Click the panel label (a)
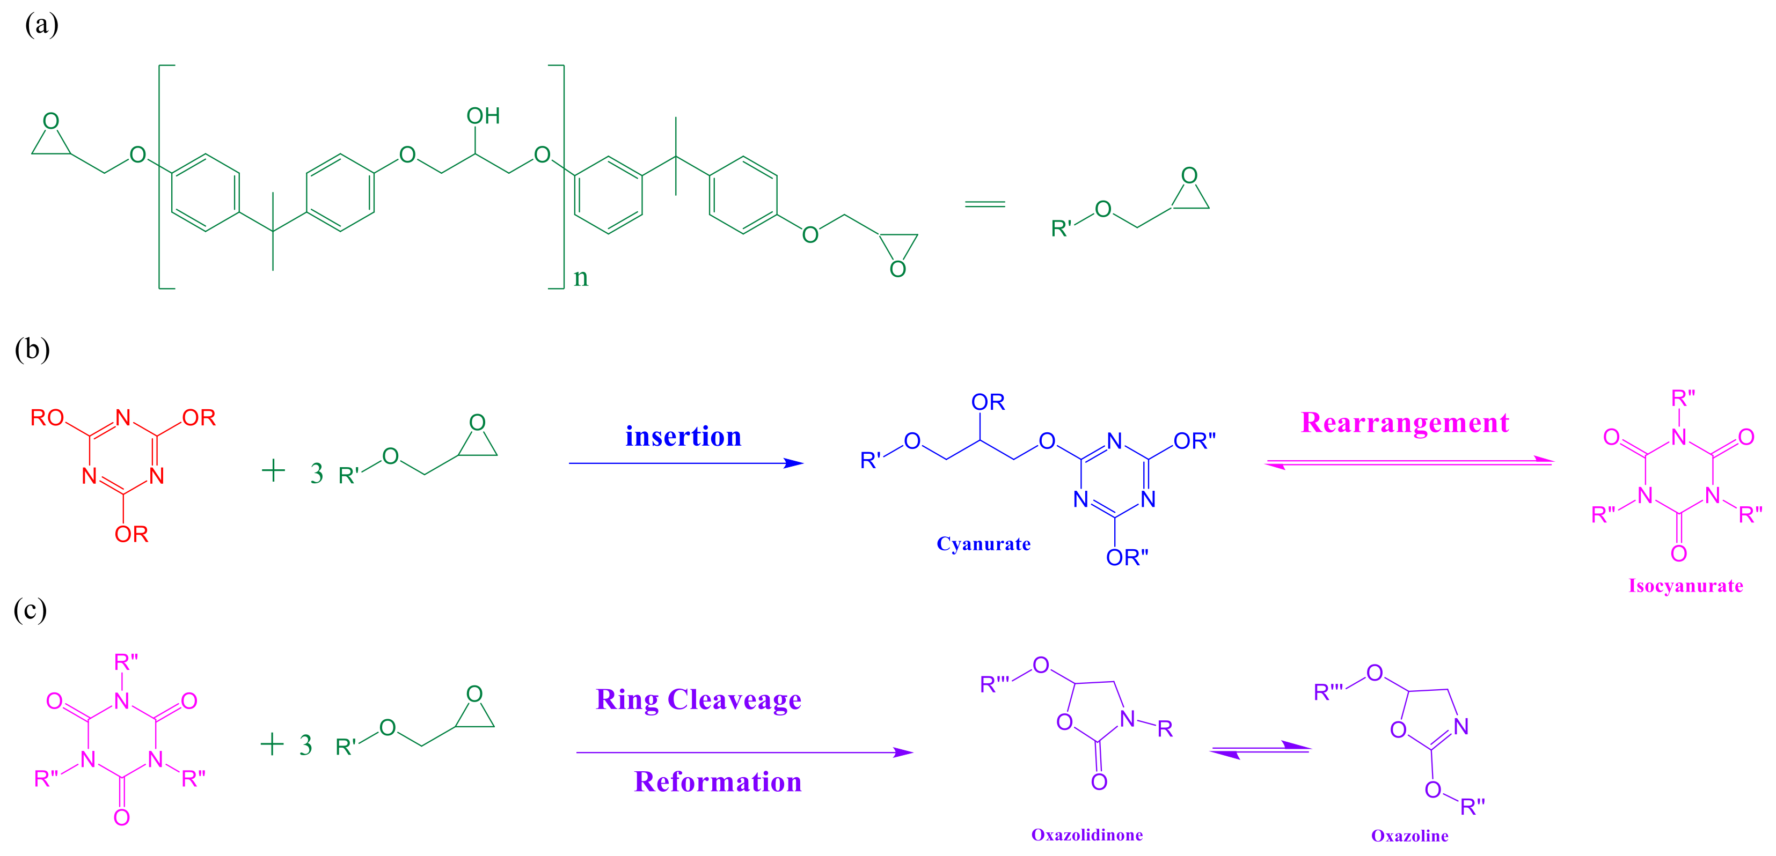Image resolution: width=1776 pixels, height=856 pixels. pyautogui.click(x=41, y=25)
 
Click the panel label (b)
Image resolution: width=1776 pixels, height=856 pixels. pyautogui.click(x=32, y=350)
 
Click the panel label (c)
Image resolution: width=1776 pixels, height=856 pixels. pyautogui.click(x=31, y=610)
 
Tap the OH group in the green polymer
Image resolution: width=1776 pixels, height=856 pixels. pyautogui.click(x=483, y=116)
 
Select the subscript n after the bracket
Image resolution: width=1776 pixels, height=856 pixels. pyautogui.click(x=581, y=277)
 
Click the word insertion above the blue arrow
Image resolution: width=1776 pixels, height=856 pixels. pyautogui.click(x=683, y=436)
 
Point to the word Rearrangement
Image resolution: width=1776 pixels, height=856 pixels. pyautogui.click(x=1405, y=423)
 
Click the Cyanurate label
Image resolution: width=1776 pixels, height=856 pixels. pyautogui.click(x=983, y=544)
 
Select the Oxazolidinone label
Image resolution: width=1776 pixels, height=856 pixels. pyautogui.click(x=1086, y=835)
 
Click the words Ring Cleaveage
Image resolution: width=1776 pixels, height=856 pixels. pyautogui.click(x=698, y=699)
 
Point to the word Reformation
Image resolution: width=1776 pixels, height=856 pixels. pyautogui.click(x=718, y=781)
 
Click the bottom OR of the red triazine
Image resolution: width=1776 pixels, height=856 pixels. pyautogui.click(x=131, y=534)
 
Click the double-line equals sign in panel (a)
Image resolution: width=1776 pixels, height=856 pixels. pyautogui.click(x=984, y=204)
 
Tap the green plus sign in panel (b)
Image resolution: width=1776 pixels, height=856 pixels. pyautogui.click(x=274, y=471)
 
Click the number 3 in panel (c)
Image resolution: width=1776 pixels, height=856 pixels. pyautogui.click(x=306, y=745)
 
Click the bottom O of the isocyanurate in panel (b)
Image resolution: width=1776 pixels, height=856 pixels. pyautogui.click(x=1679, y=554)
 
